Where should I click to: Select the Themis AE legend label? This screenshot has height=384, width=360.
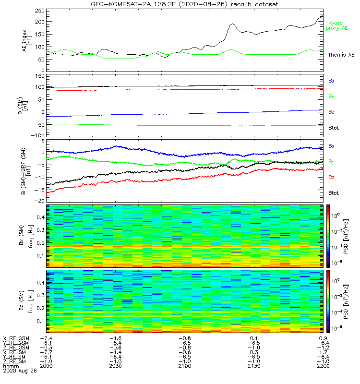coord(340,55)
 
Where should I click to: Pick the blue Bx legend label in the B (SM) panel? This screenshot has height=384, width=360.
coord(331,81)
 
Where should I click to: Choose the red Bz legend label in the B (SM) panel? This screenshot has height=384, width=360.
coord(331,112)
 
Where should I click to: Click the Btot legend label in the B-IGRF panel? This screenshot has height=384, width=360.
coord(334,192)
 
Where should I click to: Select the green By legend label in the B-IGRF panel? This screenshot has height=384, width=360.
coord(331,162)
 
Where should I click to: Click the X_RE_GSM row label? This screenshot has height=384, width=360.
coord(16,338)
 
